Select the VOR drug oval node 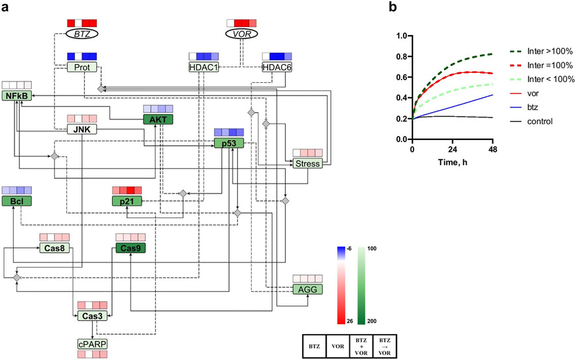tap(241, 32)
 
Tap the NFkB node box tap(17, 97)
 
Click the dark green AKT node tap(158, 120)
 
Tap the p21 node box tap(128, 201)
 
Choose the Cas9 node tap(131, 248)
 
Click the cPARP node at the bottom tap(91, 345)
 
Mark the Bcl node tap(17, 201)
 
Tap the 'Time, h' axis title tap(453, 162)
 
